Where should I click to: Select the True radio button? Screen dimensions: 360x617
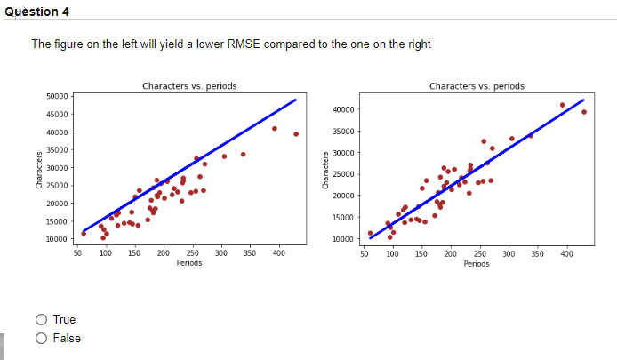[42, 319]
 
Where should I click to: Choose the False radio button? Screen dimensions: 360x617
[42, 338]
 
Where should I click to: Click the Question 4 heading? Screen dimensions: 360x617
[36, 12]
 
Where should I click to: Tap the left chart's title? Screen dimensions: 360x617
[188, 86]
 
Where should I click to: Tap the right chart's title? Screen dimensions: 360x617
[477, 86]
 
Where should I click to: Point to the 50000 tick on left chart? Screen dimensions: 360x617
[57, 96]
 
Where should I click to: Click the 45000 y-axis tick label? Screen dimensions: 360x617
[57, 114]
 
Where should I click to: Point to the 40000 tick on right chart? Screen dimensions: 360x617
[344, 109]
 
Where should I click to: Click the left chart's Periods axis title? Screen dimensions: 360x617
[188, 263]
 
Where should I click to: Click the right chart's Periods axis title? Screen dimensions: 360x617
[477, 263]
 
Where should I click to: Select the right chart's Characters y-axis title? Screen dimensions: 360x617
[326, 168]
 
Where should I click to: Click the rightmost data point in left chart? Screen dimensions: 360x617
[296, 134]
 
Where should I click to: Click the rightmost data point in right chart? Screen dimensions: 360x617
[584, 112]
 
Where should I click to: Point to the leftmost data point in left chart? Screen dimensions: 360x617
[84, 234]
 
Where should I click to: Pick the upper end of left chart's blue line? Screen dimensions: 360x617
[295, 100]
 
